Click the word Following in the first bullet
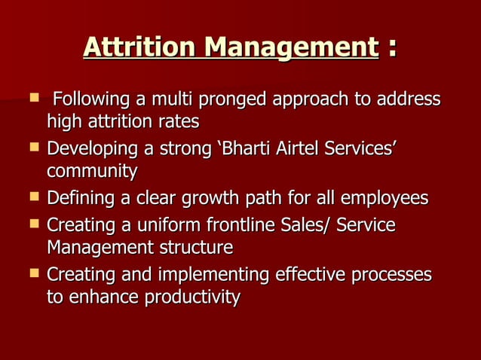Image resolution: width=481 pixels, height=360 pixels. [90, 99]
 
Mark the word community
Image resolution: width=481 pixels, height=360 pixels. [92, 172]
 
